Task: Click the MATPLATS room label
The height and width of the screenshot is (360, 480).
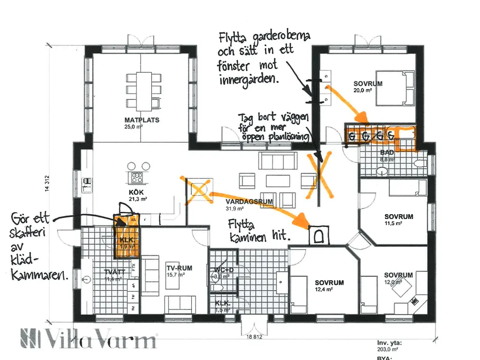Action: pos(142,120)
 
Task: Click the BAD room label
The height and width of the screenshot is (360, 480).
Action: pos(387,152)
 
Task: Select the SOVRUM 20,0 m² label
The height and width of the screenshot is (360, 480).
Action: pos(368,84)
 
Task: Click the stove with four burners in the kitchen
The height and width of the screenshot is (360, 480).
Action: pos(137,178)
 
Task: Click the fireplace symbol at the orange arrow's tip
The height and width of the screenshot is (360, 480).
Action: pos(319,235)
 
